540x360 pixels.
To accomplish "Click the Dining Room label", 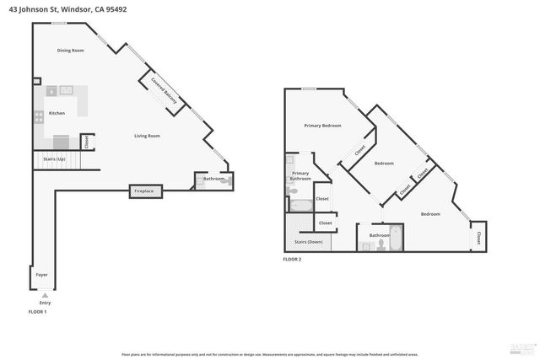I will [71, 51].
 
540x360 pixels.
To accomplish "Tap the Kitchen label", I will [57, 113].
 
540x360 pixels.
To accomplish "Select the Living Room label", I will [147, 136].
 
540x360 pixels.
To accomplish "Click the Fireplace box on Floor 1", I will [144, 191].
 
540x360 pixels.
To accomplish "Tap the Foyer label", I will [41, 276].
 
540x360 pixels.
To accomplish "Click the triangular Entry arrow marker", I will [45, 296].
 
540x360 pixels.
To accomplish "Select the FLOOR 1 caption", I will [37, 312].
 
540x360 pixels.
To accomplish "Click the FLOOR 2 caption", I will [292, 259].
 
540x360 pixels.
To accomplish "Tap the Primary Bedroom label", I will [322, 126].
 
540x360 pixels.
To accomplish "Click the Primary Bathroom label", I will [300, 176].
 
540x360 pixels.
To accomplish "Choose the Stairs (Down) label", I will [308, 242].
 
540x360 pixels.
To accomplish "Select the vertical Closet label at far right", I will [478, 239].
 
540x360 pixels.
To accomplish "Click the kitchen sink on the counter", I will [66, 90].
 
